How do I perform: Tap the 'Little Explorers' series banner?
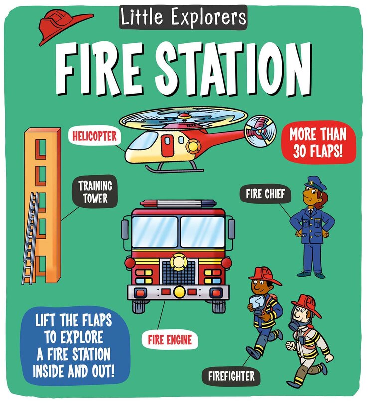coord(183,17)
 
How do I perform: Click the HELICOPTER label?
coord(95,135)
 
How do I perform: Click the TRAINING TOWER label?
coord(95,193)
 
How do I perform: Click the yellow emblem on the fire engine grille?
coord(177,261)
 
